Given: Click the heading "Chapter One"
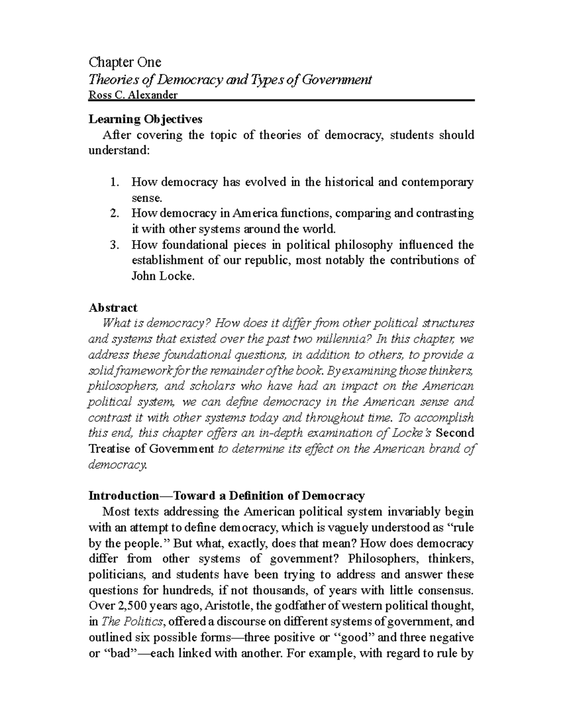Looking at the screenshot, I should tap(125, 62).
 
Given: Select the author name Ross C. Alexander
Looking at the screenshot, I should tap(133, 95).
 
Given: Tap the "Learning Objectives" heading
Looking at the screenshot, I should tap(145, 119).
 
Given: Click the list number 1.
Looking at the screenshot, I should tap(114, 182).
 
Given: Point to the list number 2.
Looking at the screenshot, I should tap(114, 213).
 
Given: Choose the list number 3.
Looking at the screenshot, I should tap(114, 245).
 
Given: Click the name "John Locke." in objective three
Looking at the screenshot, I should tap(162, 276).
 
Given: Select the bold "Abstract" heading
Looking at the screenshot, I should tap(113, 308).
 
